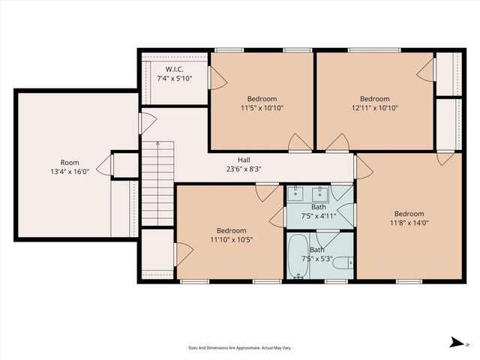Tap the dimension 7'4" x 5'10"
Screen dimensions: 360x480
(x=175, y=78)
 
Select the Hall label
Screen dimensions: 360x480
(x=244, y=160)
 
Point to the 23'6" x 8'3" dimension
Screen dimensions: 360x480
(x=244, y=169)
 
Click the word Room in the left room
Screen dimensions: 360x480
(x=70, y=162)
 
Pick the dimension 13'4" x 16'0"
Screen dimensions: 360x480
(x=70, y=171)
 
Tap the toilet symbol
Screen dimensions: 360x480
(x=342, y=262)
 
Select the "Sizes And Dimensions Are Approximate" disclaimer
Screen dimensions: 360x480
(x=240, y=348)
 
